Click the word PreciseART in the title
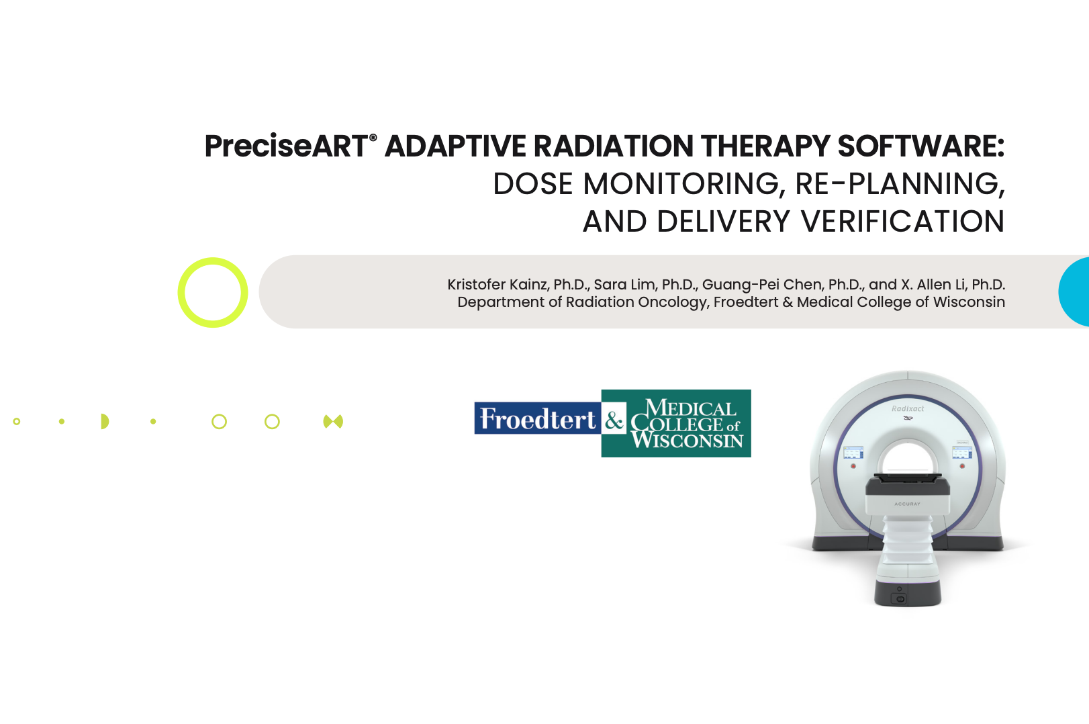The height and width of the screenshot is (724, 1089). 286,146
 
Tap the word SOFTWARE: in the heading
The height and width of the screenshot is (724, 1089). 920,146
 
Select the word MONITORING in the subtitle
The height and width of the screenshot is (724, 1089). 685,184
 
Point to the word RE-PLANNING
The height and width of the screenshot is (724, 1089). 900,184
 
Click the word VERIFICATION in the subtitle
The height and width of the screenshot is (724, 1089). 902,222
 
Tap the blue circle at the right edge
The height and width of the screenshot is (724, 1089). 1074,291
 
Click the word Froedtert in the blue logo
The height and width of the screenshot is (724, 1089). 538,418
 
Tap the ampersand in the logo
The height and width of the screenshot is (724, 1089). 614,421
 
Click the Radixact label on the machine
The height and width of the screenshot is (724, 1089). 908,409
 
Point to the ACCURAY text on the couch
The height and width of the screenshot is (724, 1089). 907,504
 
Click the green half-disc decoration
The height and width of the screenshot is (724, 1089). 105,422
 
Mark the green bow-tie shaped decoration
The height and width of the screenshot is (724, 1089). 333,422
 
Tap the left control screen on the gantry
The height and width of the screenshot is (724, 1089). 853,453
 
